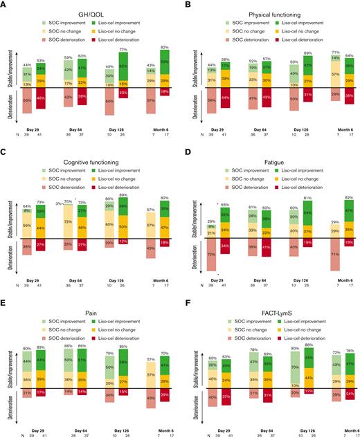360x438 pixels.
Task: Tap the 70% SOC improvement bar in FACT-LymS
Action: pyautogui.click(x=295, y=364)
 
